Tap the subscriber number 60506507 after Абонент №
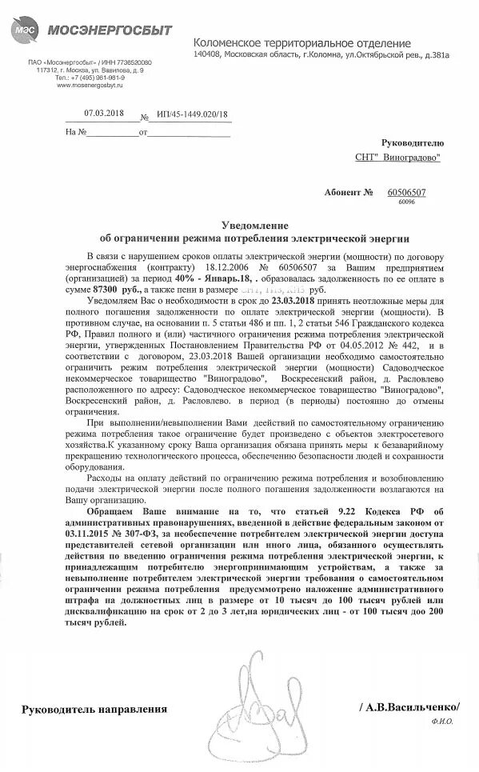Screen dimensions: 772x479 point(406,193)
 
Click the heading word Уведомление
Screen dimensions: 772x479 point(253,226)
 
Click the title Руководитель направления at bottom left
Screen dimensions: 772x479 point(94,709)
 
